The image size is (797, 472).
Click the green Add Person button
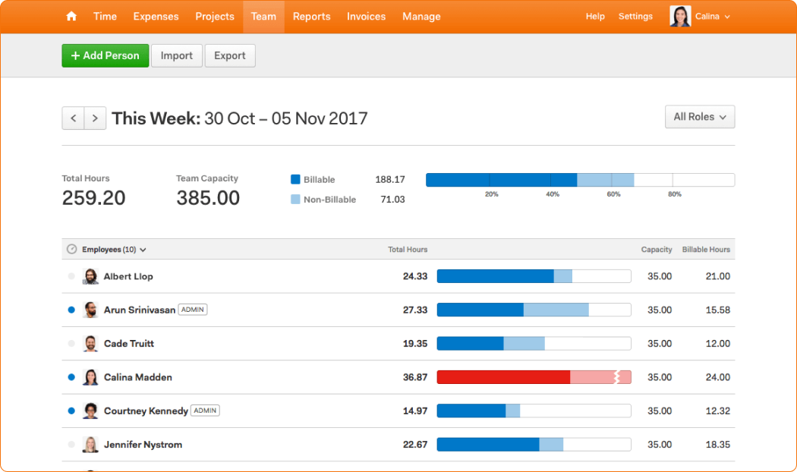[106, 55]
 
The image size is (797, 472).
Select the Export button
[230, 55]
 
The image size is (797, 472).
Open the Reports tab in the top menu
[311, 16]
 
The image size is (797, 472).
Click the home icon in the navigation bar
[71, 16]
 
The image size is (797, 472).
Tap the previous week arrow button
[73, 118]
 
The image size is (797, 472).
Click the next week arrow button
[95, 118]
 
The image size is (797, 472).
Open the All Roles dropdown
[700, 117]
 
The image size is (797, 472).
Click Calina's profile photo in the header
[680, 16]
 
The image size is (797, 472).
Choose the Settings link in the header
[635, 16]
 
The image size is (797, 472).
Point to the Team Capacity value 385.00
[208, 198]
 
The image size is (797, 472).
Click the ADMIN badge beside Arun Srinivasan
[193, 310]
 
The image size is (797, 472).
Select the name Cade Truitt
[129, 344]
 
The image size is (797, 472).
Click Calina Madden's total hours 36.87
[415, 377]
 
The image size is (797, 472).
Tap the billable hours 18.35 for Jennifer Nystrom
[718, 445]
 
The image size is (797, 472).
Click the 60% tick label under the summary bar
[613, 194]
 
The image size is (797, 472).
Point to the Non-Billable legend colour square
[295, 199]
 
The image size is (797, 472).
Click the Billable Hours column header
[706, 250]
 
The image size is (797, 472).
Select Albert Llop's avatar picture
[90, 276]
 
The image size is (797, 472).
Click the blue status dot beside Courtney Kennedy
[71, 411]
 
